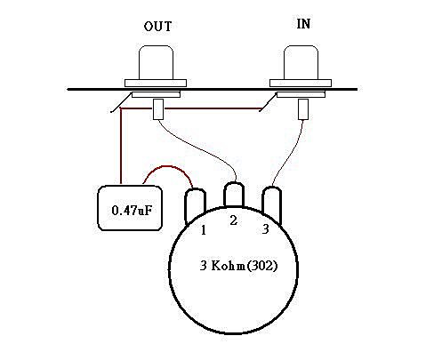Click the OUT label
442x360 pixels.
[157, 27]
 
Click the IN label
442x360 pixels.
[303, 24]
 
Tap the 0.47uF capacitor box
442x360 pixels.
[130, 208]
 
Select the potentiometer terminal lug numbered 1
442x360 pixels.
[195, 205]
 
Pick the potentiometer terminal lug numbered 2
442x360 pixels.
[234, 194]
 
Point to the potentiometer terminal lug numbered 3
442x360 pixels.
[272, 204]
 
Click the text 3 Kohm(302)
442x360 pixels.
[238, 266]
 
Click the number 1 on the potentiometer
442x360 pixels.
[204, 230]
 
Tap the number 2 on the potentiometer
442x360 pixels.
[234, 220]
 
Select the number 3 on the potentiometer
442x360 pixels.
[266, 228]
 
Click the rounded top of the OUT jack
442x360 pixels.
[156, 62]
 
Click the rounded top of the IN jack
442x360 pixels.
[301, 62]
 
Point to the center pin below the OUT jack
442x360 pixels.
[158, 109]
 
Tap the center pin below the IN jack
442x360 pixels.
[303, 109]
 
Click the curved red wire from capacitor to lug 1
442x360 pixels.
[168, 166]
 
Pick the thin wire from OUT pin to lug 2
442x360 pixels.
[202, 150]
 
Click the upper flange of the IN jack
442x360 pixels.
[301, 83]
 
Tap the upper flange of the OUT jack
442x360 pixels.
[156, 83]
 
